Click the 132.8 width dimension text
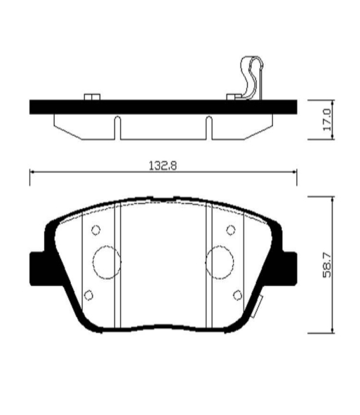[163, 166]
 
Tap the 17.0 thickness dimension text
[327, 119]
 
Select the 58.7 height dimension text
[327, 265]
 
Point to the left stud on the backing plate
[92, 97]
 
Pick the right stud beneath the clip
[234, 97]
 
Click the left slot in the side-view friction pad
[118, 128]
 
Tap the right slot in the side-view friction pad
[209, 128]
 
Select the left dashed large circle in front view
[107, 262]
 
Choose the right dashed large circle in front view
[220, 262]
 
